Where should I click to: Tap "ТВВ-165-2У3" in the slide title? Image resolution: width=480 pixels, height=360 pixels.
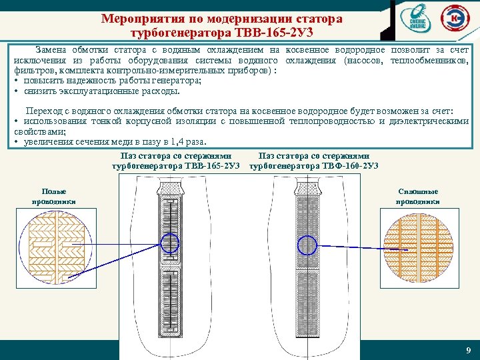(x=282, y=32)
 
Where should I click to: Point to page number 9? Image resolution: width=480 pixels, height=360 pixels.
(x=468, y=351)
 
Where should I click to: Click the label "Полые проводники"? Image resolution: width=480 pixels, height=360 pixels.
(x=54, y=196)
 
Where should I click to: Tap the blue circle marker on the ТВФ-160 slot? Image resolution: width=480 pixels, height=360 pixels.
(x=307, y=245)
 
